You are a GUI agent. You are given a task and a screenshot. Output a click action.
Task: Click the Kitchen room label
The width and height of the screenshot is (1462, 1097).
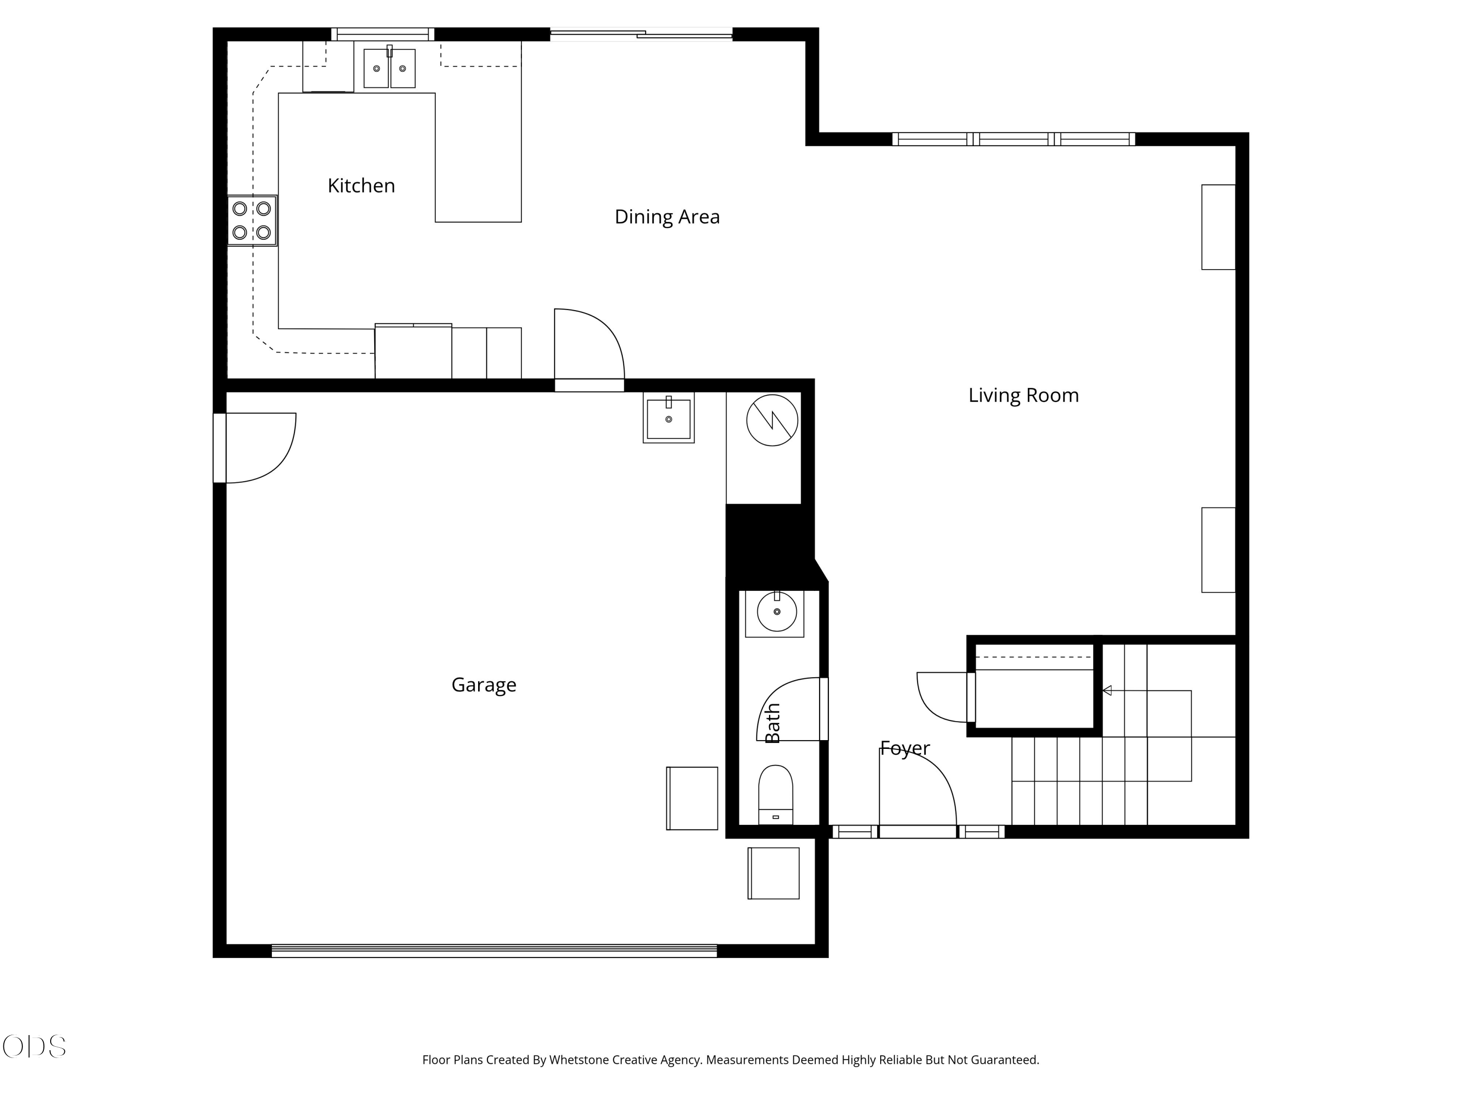tap(361, 186)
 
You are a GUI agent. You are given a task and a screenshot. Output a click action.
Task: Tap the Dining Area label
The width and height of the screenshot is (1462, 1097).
tap(667, 217)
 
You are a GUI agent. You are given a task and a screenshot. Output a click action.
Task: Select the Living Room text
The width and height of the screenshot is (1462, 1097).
tap(1023, 395)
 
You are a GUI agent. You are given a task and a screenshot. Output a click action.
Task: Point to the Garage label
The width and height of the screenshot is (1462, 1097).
tap(484, 685)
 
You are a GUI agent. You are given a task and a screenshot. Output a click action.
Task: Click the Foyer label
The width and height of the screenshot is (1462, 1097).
tap(905, 748)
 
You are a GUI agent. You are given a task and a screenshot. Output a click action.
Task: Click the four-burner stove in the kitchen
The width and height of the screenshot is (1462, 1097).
tap(252, 221)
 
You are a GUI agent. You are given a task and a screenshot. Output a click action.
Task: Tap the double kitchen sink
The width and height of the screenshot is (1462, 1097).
tap(389, 67)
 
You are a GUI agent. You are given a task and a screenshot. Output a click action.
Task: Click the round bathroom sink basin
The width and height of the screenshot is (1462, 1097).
tap(777, 612)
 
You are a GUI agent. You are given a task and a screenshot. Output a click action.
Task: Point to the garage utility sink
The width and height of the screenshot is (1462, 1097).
tap(668, 417)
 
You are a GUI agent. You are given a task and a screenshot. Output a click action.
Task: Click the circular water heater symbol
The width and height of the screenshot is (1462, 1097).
tap(772, 420)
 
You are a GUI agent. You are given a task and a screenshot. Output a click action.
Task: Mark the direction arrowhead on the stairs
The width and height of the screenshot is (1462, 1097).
tap(1107, 690)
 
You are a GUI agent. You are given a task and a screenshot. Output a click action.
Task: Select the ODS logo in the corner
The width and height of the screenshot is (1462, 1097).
tap(35, 1047)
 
